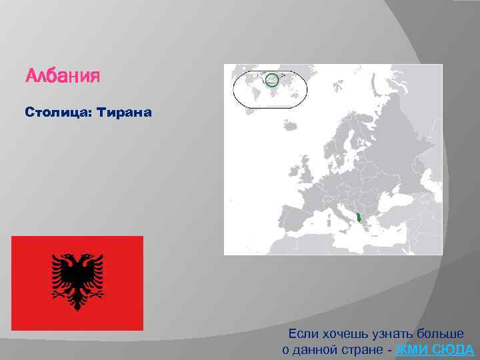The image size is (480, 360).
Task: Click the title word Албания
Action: (x=62, y=76)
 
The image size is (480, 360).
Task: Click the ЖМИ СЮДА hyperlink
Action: (x=435, y=350)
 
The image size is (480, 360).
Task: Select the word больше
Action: (x=441, y=333)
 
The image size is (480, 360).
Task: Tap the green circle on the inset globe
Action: (x=271, y=81)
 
